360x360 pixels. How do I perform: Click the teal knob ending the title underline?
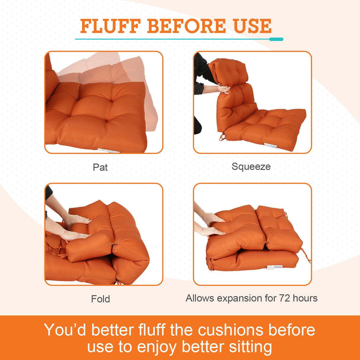coord(276,39)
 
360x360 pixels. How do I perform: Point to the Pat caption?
coord(100,167)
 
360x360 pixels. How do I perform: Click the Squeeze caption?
coord(251,166)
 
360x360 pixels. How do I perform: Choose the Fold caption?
coord(101,299)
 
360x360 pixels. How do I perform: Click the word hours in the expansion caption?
coord(305,298)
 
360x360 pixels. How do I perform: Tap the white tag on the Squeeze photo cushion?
coord(270,145)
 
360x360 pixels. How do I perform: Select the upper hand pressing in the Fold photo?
coord(78,220)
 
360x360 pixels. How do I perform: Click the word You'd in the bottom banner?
coord(65,330)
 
